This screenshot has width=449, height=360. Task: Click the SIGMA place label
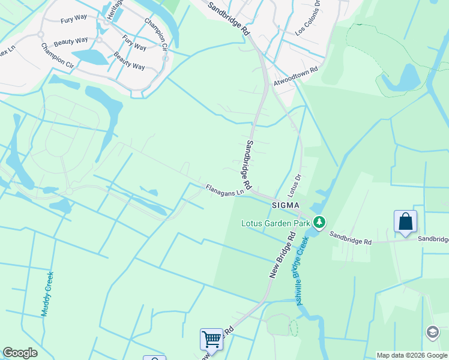(285, 205)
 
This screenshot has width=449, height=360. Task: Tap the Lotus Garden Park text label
(276, 223)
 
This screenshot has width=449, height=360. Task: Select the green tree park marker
(319, 223)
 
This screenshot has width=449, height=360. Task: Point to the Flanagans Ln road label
(225, 190)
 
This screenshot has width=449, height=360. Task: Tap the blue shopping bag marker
(406, 221)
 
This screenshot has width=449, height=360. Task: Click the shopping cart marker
(211, 339)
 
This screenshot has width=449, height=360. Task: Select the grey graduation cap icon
(432, 332)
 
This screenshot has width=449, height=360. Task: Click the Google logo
(20, 353)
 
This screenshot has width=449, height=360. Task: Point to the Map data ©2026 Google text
(412, 355)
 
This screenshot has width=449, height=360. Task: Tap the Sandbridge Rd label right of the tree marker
(351, 239)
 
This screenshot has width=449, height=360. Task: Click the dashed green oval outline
(293, 328)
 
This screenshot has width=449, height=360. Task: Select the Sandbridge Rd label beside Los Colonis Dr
(229, 18)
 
